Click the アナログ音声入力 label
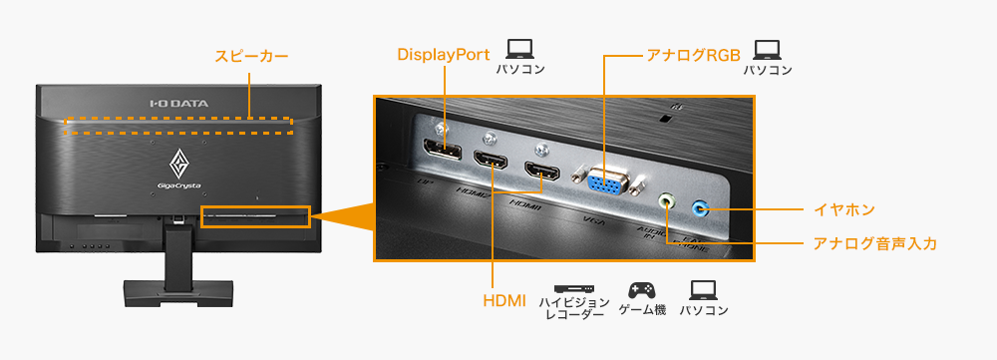click(x=874, y=242)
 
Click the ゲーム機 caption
click(x=640, y=310)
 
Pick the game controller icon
click(x=640, y=289)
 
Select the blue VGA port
click(x=607, y=181)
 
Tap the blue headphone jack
click(x=700, y=208)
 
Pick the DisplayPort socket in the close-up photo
click(x=442, y=151)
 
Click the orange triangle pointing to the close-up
click(x=345, y=217)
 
